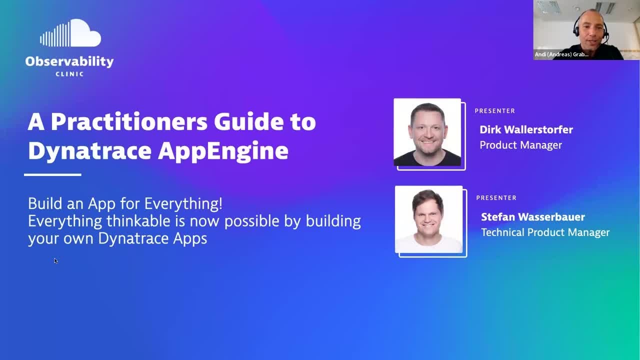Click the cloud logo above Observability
[x=70, y=34]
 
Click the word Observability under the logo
[x=69, y=61]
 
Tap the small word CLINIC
[x=69, y=74]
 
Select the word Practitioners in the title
[x=129, y=121]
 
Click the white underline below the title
[x=52, y=174]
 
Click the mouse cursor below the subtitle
[x=55, y=260]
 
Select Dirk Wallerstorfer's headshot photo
[x=427, y=132]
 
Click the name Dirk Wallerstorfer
[x=526, y=130]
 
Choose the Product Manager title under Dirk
[x=520, y=145]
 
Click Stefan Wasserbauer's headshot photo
[x=429, y=219]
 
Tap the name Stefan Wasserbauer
[x=533, y=217]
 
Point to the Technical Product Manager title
[x=545, y=232]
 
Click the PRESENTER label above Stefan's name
[x=496, y=198]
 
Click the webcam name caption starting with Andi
[x=561, y=54]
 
